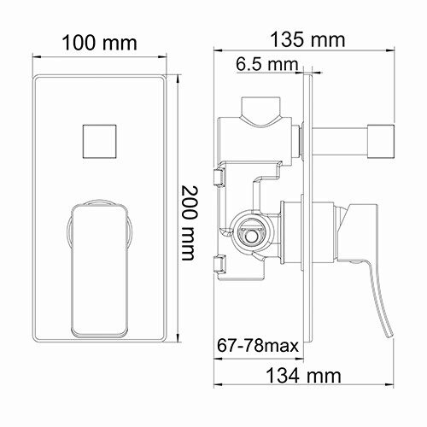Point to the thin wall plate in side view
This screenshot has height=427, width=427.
[x=308, y=213]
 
